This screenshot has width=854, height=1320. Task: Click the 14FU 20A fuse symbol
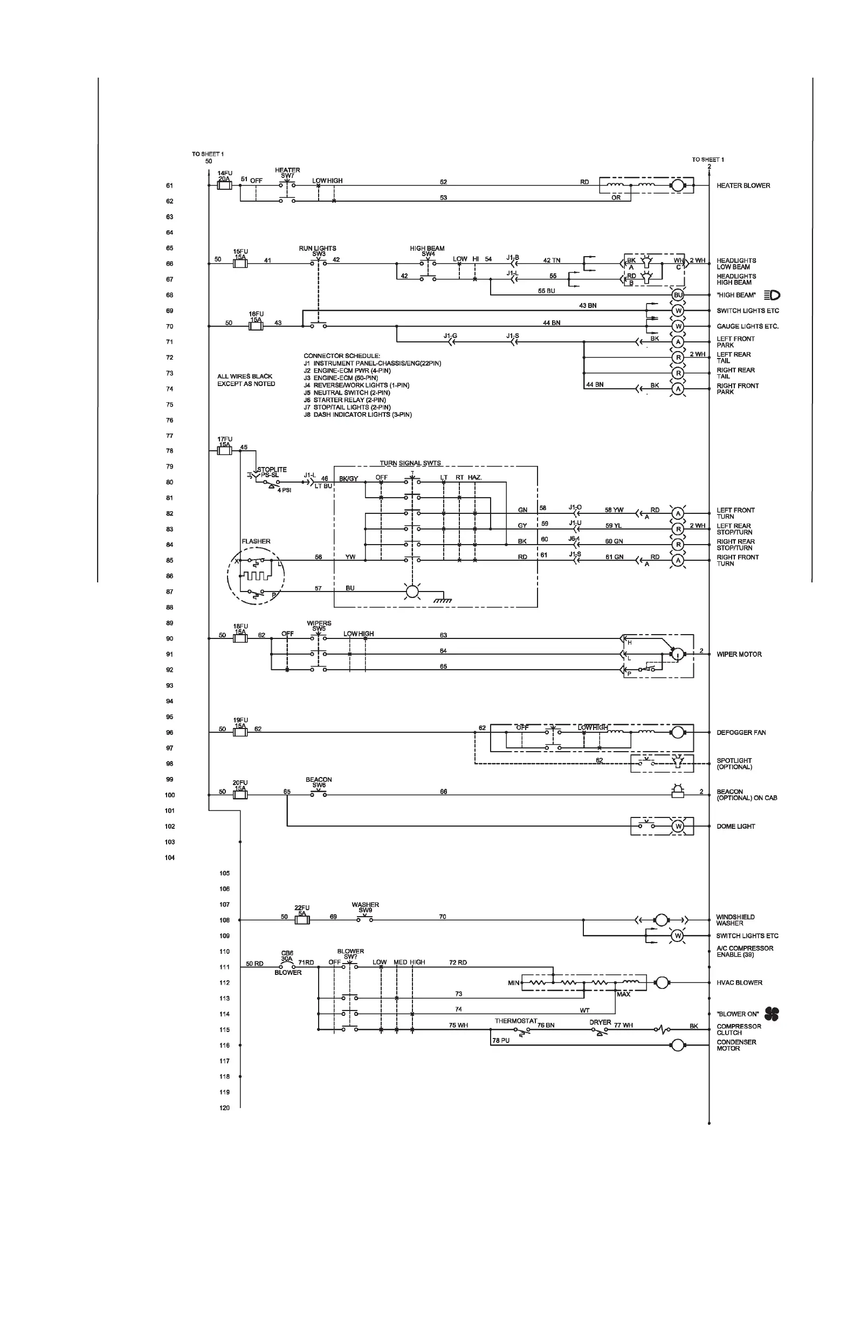click(225, 186)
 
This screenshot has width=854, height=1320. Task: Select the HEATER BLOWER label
click(743, 186)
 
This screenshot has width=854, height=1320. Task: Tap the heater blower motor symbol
click(677, 186)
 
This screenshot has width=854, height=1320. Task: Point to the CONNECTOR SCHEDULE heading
click(342, 356)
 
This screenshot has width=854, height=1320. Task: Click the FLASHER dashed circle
click(256, 577)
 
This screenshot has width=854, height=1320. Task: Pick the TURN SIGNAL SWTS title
click(410, 463)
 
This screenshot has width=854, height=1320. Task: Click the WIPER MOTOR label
click(739, 655)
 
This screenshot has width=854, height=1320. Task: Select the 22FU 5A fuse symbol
click(302, 920)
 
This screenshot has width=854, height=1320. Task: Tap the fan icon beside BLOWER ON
click(772, 1014)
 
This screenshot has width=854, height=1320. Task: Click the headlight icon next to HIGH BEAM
click(772, 295)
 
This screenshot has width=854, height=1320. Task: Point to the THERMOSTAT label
click(516, 1021)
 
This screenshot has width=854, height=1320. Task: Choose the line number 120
click(225, 1108)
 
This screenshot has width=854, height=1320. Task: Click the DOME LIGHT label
click(735, 827)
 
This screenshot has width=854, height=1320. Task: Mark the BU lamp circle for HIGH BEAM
click(678, 295)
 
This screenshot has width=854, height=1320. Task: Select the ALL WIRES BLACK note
click(246, 380)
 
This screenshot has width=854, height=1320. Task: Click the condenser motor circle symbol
click(677, 1046)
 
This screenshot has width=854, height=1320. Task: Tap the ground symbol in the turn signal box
click(442, 600)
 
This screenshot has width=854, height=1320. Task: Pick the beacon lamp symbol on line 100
click(677, 792)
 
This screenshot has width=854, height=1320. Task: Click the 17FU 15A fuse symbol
click(225, 451)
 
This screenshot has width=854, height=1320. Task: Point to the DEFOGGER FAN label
click(741, 733)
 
